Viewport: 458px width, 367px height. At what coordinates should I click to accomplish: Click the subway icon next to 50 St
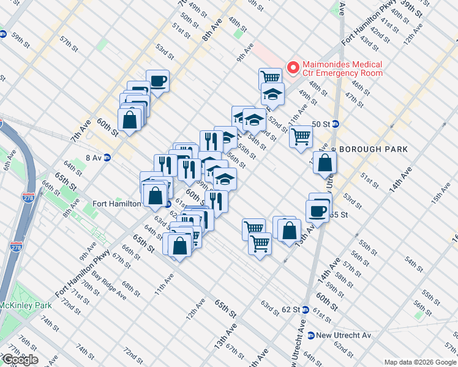click(x=336, y=124)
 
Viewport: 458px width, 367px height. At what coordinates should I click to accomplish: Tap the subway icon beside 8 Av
click(x=107, y=157)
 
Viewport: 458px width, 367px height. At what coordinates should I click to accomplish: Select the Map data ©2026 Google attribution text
click(x=419, y=362)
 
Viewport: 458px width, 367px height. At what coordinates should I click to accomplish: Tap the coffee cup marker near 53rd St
click(x=158, y=81)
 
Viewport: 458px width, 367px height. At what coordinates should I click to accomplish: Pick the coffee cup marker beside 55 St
click(x=317, y=210)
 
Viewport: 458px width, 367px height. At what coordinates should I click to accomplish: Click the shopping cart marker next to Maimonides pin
click(x=270, y=77)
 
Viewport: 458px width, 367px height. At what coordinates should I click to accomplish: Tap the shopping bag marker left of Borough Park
click(x=325, y=163)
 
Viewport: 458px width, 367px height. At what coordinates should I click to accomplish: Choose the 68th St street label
click(x=131, y=287)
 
